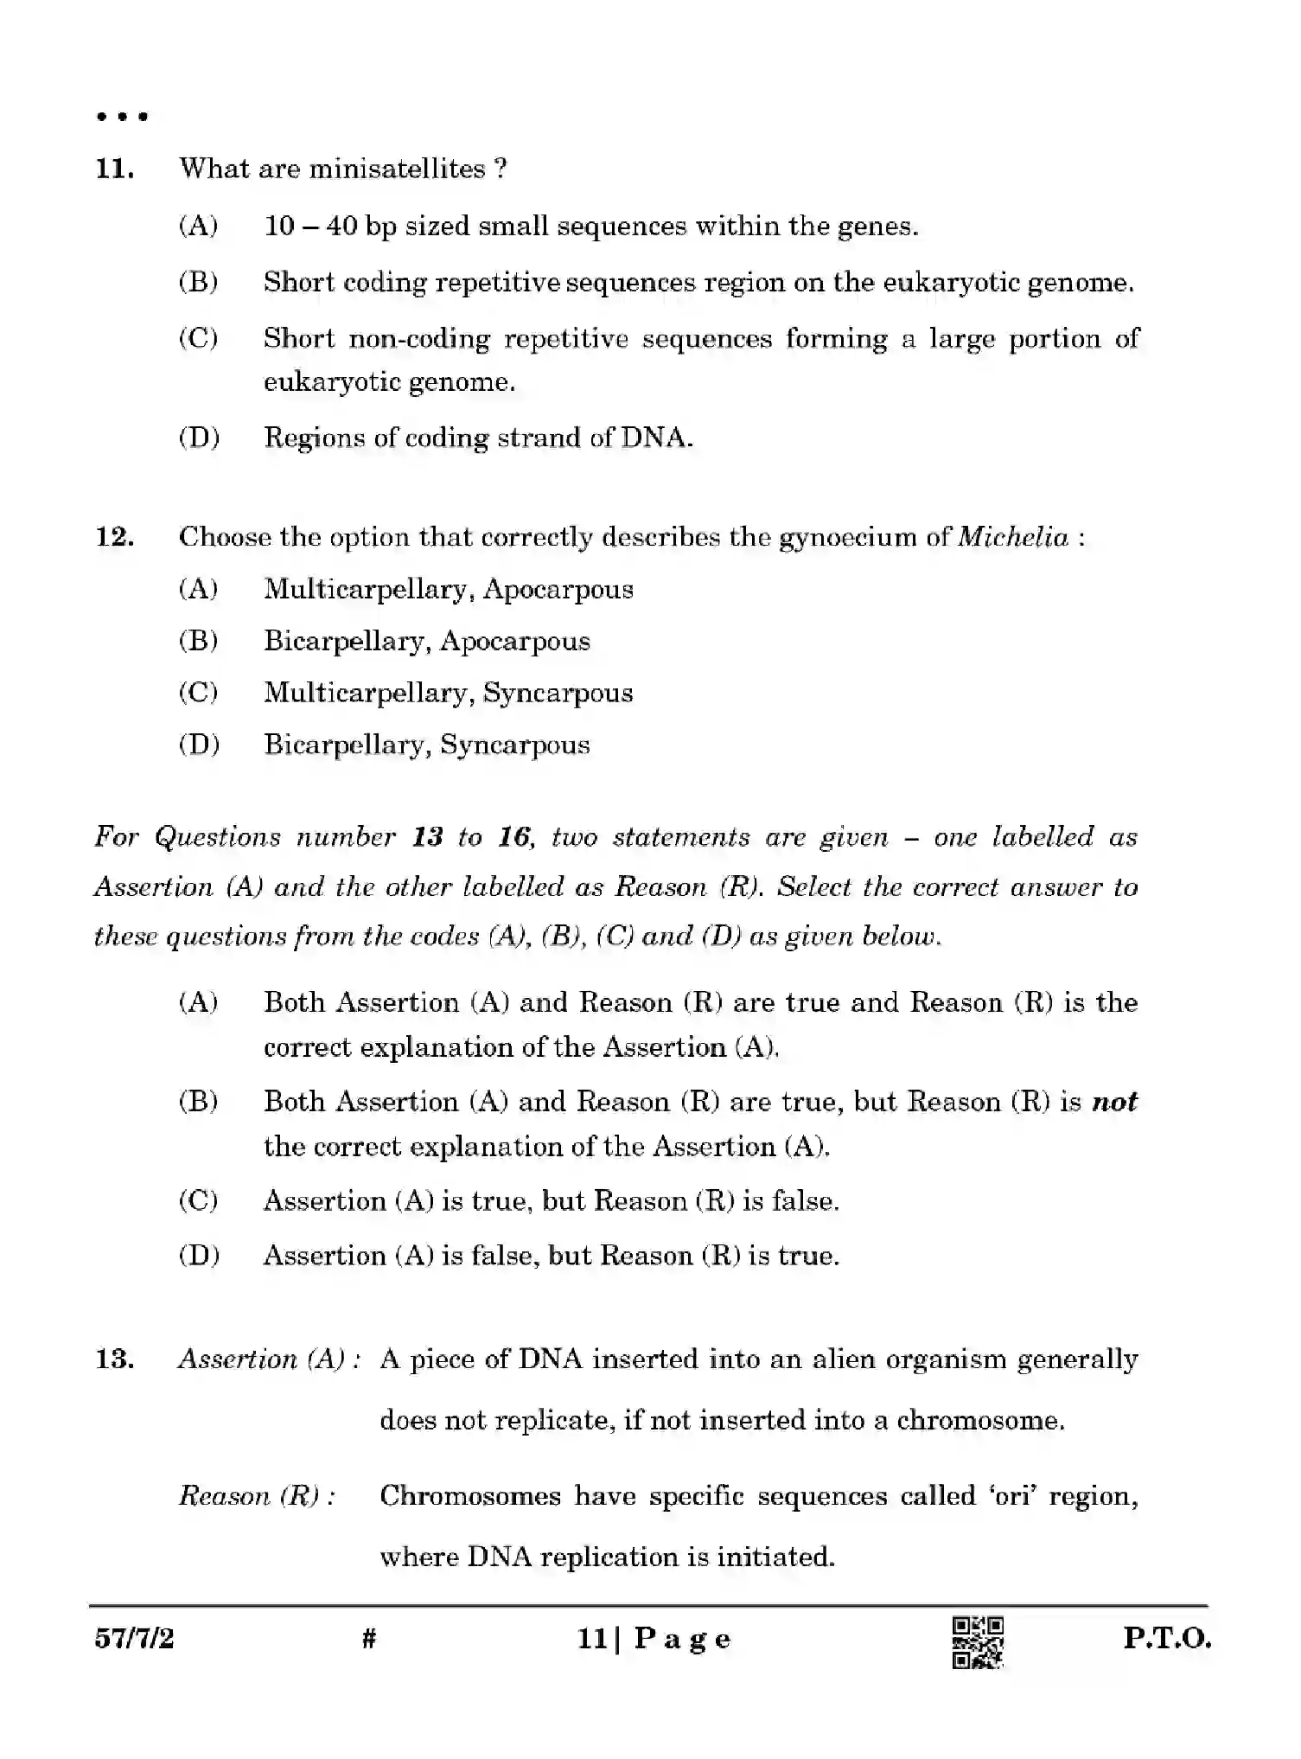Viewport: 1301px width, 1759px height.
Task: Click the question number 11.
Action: pyautogui.click(x=114, y=169)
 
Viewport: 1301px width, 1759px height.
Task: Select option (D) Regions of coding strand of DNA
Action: pyautogui.click(x=477, y=438)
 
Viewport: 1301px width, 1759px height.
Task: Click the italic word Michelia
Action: pyautogui.click(x=1013, y=537)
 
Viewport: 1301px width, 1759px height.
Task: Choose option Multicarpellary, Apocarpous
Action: pyautogui.click(x=448, y=590)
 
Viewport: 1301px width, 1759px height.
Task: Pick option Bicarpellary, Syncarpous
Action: pyautogui.click(x=426, y=745)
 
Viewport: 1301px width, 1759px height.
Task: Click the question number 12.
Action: pyautogui.click(x=114, y=537)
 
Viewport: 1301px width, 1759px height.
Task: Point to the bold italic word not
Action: pyautogui.click(x=1114, y=1102)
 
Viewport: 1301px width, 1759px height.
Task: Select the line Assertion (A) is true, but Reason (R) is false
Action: pyautogui.click(x=551, y=1201)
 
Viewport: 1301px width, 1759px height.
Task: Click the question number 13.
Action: pyautogui.click(x=114, y=1359)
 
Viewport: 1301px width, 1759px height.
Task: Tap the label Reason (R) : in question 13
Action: pyautogui.click(x=257, y=1496)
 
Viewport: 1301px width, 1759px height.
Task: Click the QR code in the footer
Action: pyautogui.click(x=977, y=1642)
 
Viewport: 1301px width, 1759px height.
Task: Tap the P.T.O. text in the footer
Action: pyautogui.click(x=1167, y=1639)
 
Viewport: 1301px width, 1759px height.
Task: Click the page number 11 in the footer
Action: pyautogui.click(x=591, y=1639)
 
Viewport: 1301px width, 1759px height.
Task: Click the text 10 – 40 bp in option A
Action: pyautogui.click(x=330, y=227)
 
